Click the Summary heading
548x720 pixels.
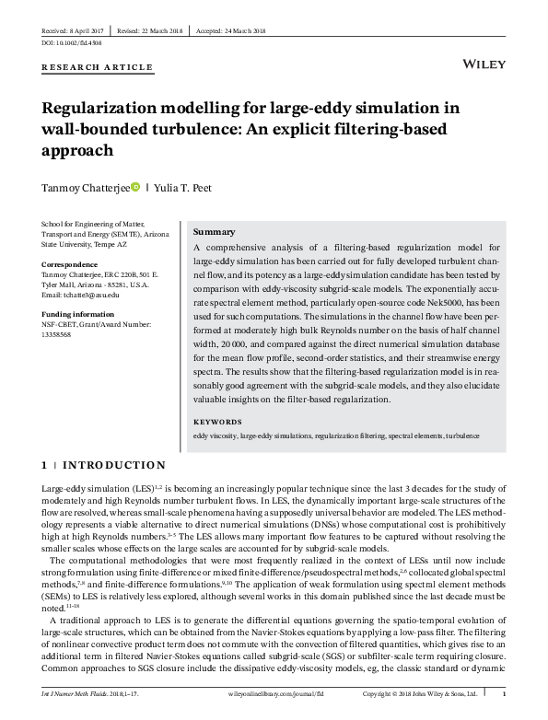[215, 233]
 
